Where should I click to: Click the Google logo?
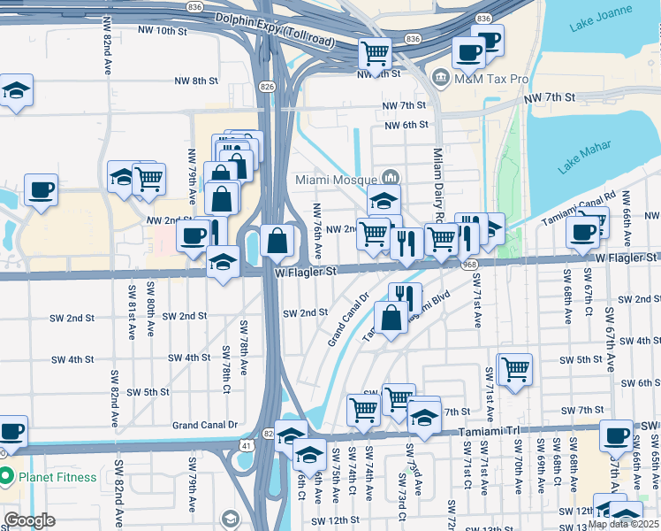(x=29, y=520)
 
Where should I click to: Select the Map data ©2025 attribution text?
(x=622, y=524)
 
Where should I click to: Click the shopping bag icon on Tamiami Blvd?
(x=391, y=316)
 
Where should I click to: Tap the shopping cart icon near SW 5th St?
(x=515, y=368)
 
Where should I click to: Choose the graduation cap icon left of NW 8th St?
(x=15, y=90)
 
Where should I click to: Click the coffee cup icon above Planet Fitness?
(x=11, y=431)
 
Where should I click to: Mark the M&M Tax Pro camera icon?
(x=439, y=79)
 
